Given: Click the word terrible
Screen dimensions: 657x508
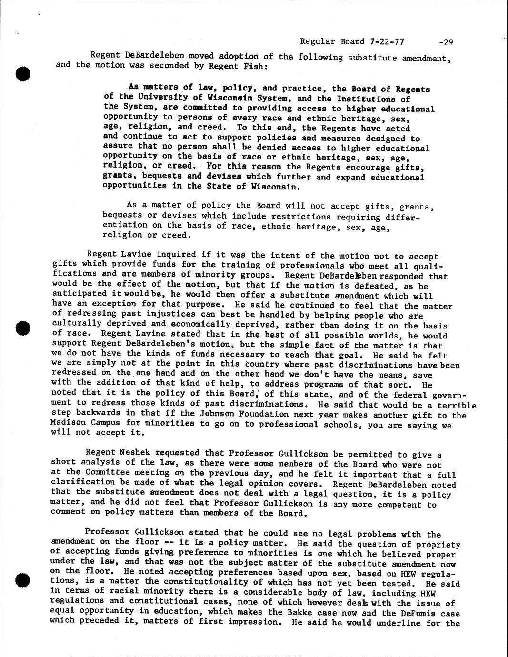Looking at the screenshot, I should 456,405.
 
